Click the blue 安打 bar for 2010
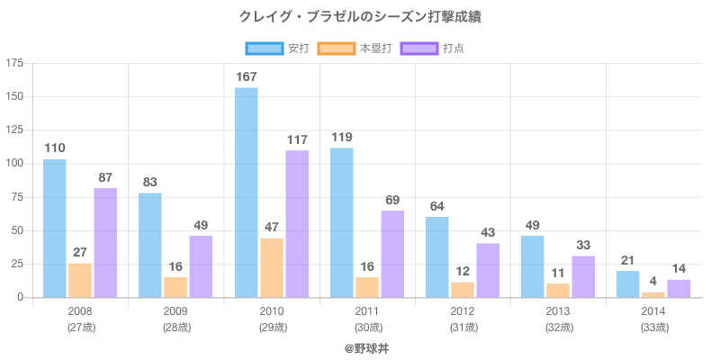pyautogui.click(x=246, y=193)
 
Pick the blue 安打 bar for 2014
pyautogui.click(x=628, y=283)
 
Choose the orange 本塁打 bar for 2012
pyautogui.click(x=463, y=289)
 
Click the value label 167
pyautogui.click(x=247, y=76)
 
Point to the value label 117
pyautogui.click(x=297, y=139)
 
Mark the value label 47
pyautogui.click(x=272, y=228)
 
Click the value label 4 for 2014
pyautogui.click(x=653, y=281)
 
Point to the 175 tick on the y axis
pyautogui.click(x=15, y=63)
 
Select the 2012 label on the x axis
pyautogui.click(x=463, y=311)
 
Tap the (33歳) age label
pyautogui.click(x=653, y=327)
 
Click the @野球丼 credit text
pyautogui.click(x=366, y=347)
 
